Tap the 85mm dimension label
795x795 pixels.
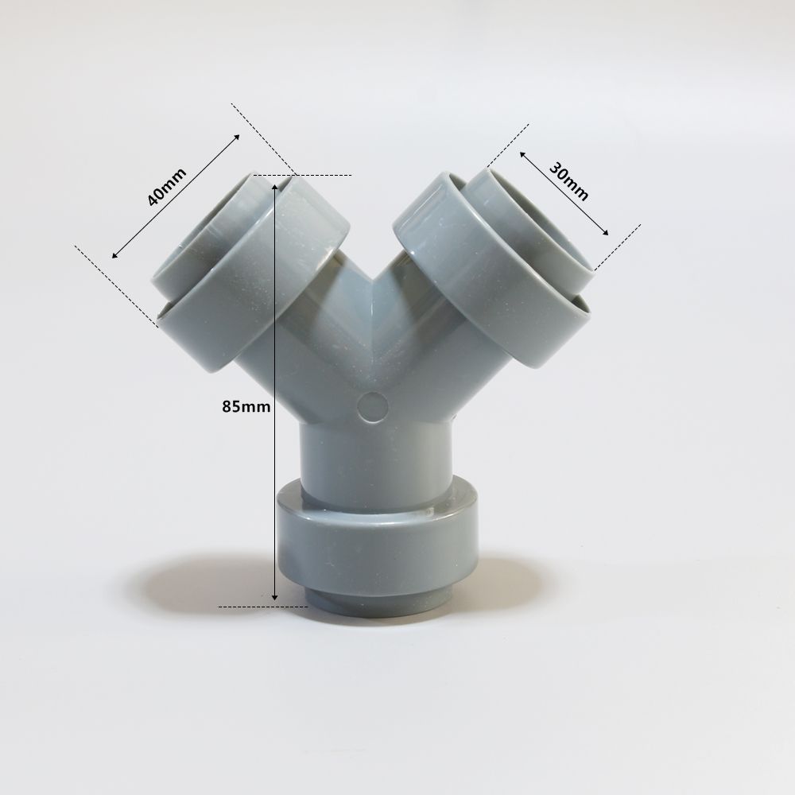[x=246, y=406]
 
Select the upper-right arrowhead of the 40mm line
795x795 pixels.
[x=236, y=138]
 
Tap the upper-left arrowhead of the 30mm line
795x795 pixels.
[x=522, y=153]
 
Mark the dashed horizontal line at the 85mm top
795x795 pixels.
[x=318, y=175]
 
